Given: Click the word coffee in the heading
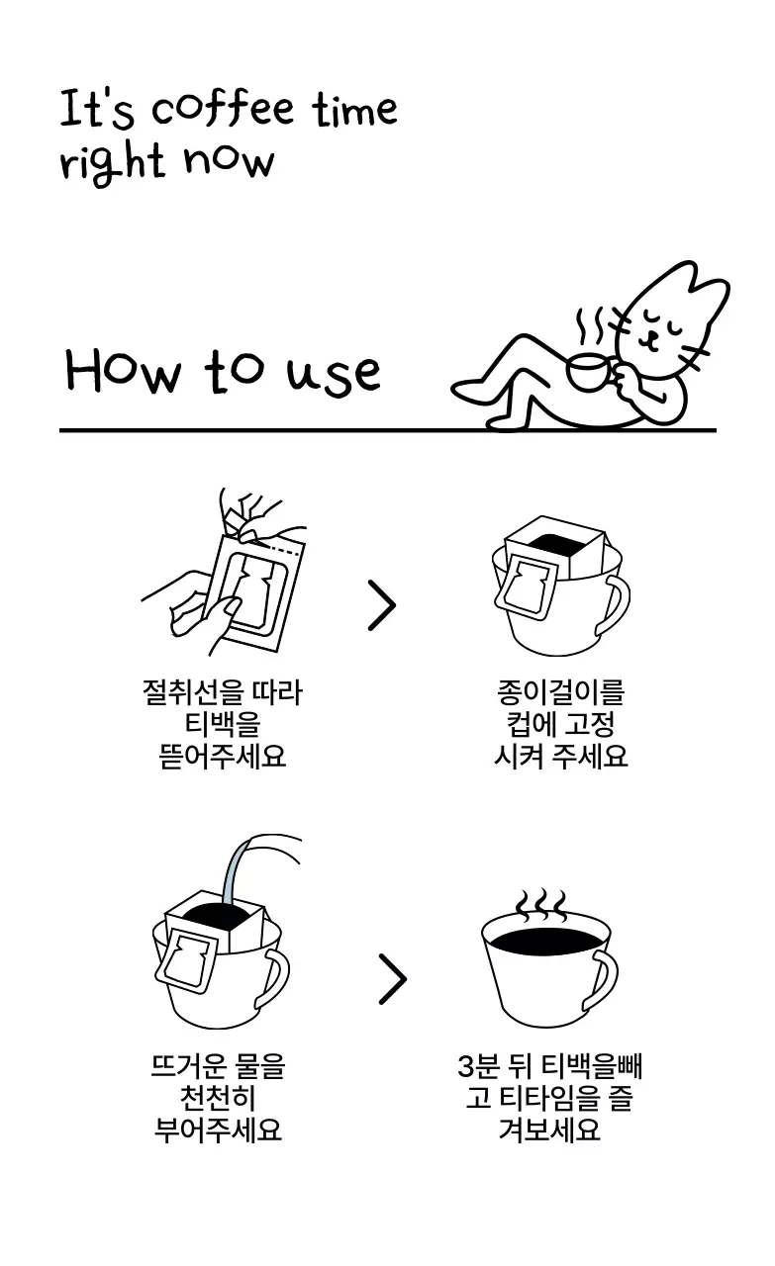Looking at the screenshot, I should pyautogui.click(x=223, y=109).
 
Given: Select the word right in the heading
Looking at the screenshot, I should pyautogui.click(x=111, y=162).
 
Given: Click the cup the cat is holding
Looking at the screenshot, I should pyautogui.click(x=590, y=371).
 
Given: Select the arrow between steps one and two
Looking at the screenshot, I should pyautogui.click(x=381, y=605).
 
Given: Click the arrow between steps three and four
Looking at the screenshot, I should pyautogui.click(x=392, y=979).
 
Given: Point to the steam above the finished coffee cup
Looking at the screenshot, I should pyautogui.click(x=541, y=904).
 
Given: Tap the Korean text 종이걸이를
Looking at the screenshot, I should pyautogui.click(x=560, y=693).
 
